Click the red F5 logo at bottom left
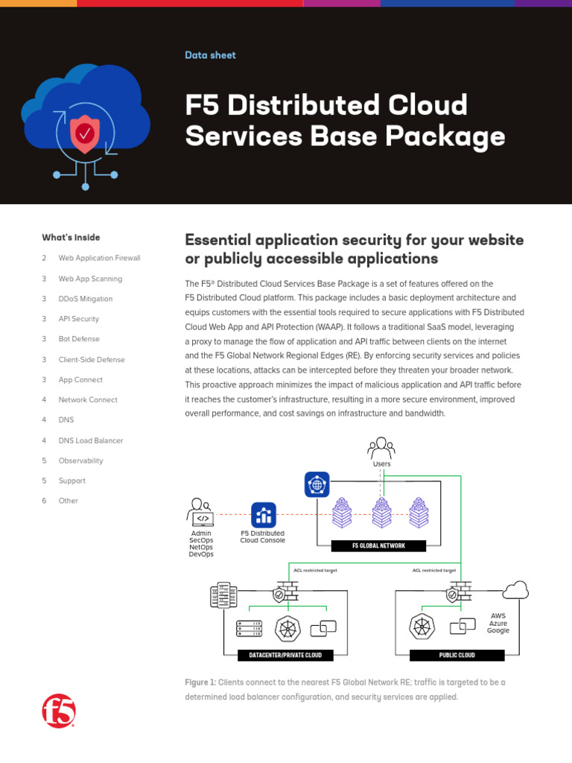coord(59,711)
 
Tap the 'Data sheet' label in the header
coord(210,55)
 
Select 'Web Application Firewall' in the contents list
coord(99,258)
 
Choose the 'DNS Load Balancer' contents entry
coord(91,440)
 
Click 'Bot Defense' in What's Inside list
coord(79,339)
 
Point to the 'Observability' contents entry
coord(80,460)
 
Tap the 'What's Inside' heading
coord(71,238)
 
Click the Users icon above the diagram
coord(381,449)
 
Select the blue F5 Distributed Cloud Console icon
coord(263,515)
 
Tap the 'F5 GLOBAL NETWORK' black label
coord(378,545)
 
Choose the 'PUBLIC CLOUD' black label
coord(457,656)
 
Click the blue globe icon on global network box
coord(317,485)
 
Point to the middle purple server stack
coord(381,513)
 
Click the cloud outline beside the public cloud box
coord(515,591)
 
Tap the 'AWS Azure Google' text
coord(498,623)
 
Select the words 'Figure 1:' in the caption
coord(200,683)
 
